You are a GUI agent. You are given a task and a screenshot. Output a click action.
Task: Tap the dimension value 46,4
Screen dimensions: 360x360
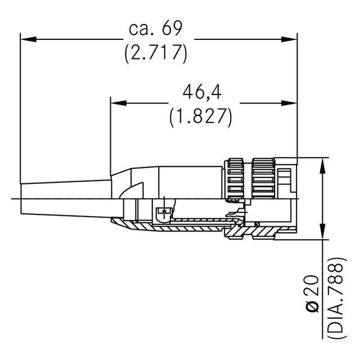tap(201, 92)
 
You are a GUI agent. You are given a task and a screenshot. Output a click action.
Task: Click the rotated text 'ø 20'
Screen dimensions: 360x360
tap(313, 295)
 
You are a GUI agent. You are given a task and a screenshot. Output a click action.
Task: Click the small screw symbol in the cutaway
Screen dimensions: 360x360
tap(164, 212)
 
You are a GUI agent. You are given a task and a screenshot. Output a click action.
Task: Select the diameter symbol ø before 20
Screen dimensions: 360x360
tap(313, 307)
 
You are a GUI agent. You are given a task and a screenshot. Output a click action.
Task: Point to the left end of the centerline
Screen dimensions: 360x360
tap(12, 198)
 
